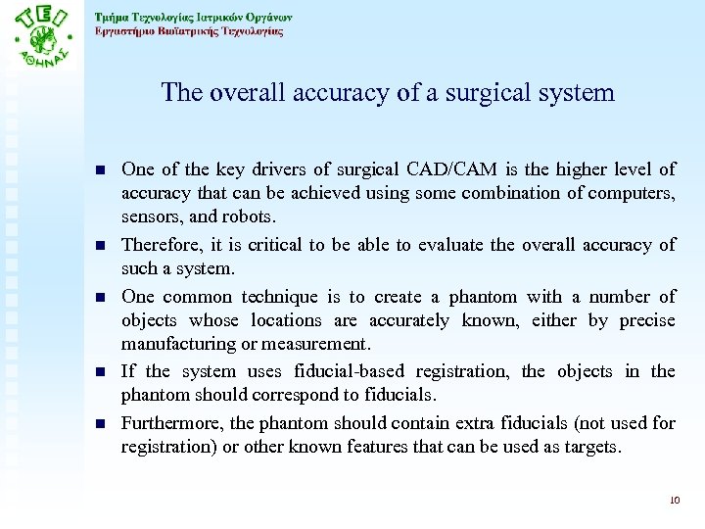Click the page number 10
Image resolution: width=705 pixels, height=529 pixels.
[673, 501]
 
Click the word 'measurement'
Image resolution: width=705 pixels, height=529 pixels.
[321, 344]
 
